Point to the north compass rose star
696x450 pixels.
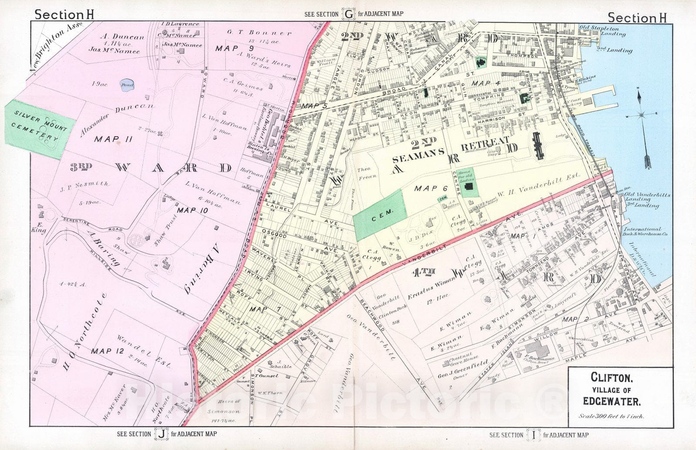[x=642, y=115]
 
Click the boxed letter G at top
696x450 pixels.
[x=348, y=14]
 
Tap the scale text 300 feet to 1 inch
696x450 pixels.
[x=611, y=416]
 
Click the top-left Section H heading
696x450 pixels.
[x=64, y=14]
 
